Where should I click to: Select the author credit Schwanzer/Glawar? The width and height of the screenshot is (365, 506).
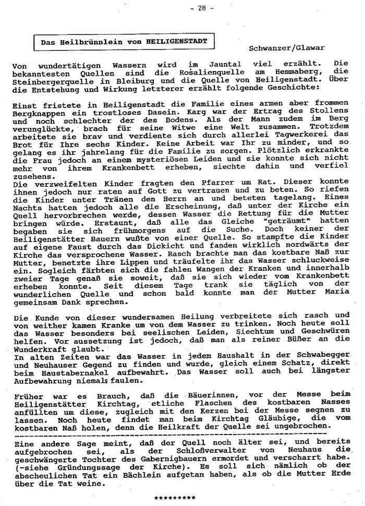(287, 47)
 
